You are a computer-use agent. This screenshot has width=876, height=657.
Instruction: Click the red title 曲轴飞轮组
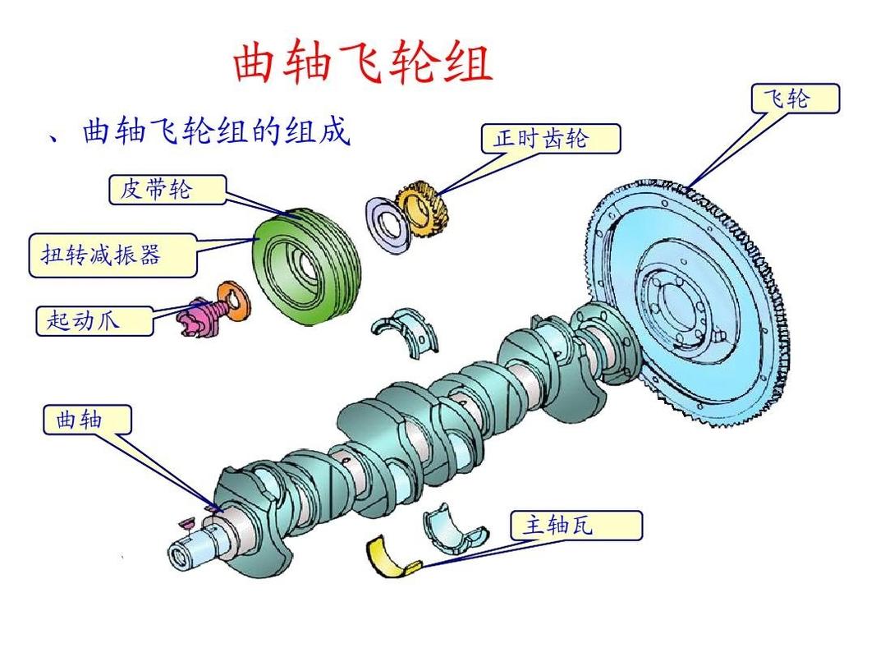click(363, 64)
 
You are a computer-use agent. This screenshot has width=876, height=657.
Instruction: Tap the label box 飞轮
click(795, 99)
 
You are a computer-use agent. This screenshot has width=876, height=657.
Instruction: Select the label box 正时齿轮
click(549, 138)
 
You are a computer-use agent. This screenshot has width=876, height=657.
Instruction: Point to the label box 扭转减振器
click(112, 255)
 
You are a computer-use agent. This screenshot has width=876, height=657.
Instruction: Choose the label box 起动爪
click(94, 319)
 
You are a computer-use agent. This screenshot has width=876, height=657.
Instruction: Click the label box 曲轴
click(86, 420)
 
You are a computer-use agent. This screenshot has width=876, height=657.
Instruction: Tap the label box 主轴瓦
click(575, 526)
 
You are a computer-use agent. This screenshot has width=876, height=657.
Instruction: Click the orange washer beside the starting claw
click(233, 301)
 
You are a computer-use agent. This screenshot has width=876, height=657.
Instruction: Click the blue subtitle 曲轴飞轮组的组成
click(215, 131)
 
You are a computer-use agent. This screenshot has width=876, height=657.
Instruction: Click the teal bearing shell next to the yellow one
click(454, 529)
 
